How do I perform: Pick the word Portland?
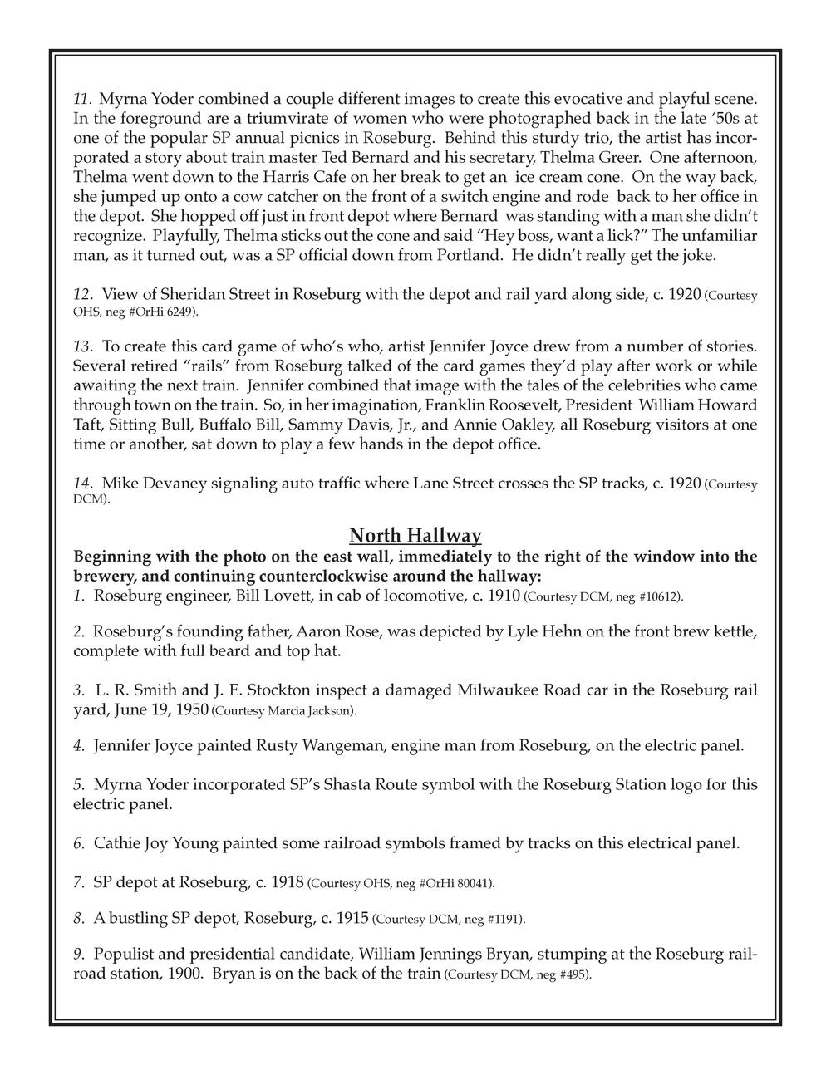465,256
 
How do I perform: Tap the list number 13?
81,345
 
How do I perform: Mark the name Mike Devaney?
149,484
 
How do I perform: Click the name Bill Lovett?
270,596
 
